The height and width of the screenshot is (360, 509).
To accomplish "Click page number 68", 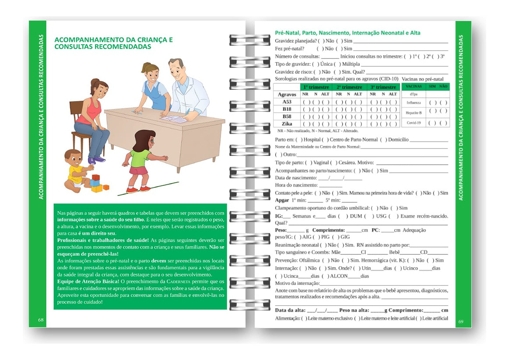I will coord(41,320).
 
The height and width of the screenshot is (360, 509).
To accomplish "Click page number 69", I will coord(461,322).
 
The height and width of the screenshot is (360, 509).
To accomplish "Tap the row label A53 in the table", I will coord(287,102).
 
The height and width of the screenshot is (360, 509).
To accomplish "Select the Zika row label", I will coord(287,124).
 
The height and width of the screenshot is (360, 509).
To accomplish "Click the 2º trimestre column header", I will coord(349,87).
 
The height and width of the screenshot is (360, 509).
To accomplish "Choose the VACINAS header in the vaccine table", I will coord(414,87).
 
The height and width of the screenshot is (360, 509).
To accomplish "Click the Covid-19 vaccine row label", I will coord(414,123).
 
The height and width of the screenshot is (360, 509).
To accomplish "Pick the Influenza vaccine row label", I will coord(414,103).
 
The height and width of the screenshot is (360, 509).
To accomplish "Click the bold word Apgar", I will coord(282,200).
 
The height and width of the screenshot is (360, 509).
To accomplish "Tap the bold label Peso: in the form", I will coord(281,230).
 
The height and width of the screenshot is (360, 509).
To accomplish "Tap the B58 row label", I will coord(287,116).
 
